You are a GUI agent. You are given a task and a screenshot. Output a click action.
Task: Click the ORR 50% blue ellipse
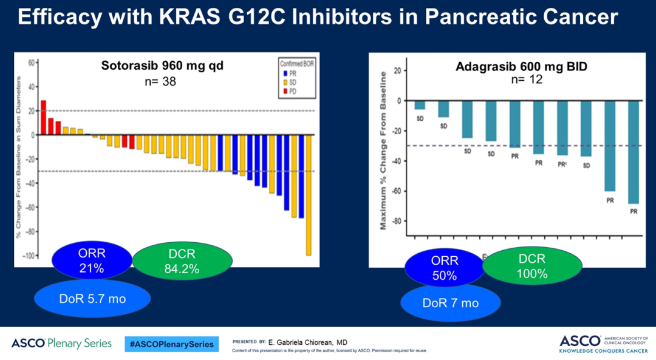tap(444, 268)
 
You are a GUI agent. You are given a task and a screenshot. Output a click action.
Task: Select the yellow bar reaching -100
tap(309, 195)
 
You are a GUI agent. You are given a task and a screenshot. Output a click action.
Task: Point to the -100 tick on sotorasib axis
tap(27, 256)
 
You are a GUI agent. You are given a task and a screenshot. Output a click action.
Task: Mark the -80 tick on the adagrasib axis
tap(398, 221)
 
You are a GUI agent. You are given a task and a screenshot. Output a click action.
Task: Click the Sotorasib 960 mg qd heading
tap(162, 66)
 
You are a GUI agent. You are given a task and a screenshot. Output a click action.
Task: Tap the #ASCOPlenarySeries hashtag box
tap(171, 344)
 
